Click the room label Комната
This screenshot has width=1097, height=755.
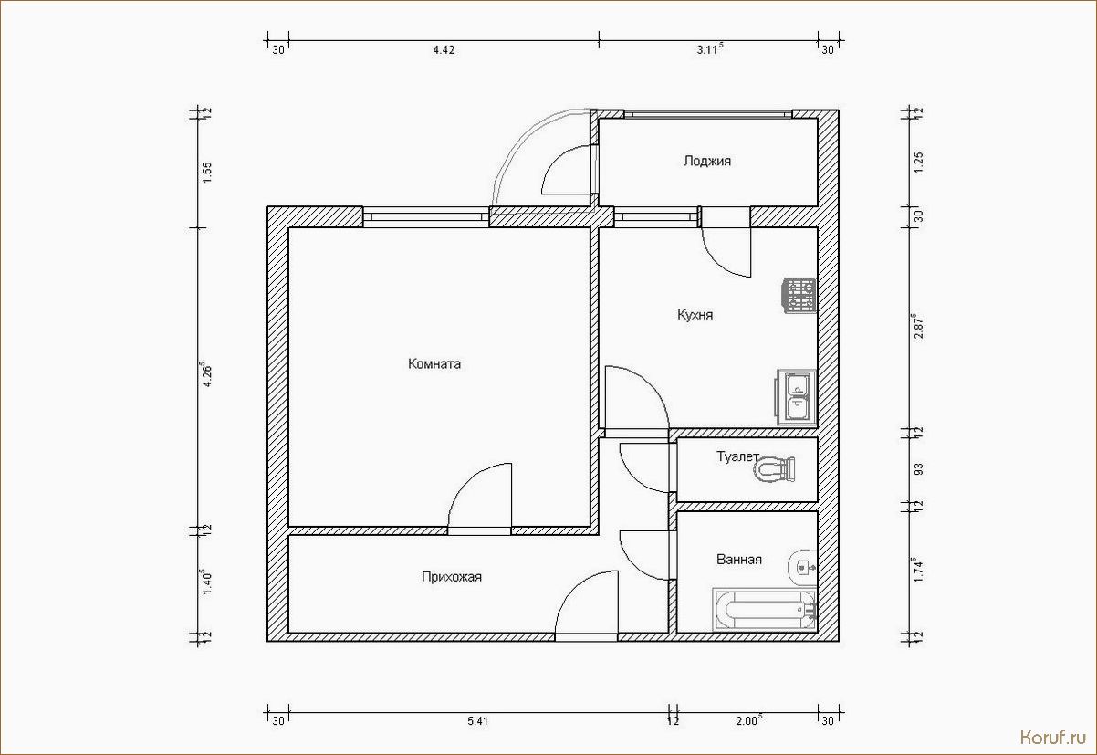(x=434, y=364)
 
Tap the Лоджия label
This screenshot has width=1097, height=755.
(x=707, y=162)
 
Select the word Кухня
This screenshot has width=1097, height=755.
(x=695, y=315)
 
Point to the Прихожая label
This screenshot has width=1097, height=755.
(x=452, y=577)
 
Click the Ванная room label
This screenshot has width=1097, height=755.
(x=739, y=560)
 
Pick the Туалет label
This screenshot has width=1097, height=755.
(x=737, y=456)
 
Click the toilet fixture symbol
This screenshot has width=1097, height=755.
(x=774, y=470)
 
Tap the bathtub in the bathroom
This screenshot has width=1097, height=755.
(x=765, y=610)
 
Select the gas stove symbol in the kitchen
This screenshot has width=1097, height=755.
(x=799, y=296)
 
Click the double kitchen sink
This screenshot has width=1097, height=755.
(x=797, y=397)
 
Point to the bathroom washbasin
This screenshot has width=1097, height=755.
(x=802, y=567)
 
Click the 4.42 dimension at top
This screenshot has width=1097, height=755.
(x=444, y=50)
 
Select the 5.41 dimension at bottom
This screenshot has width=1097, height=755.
(x=477, y=721)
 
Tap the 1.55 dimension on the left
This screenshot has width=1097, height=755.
(x=208, y=173)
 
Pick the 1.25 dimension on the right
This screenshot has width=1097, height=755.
(x=919, y=163)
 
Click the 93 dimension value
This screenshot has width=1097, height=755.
(x=919, y=469)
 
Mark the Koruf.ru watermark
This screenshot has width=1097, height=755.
(x=1053, y=738)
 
